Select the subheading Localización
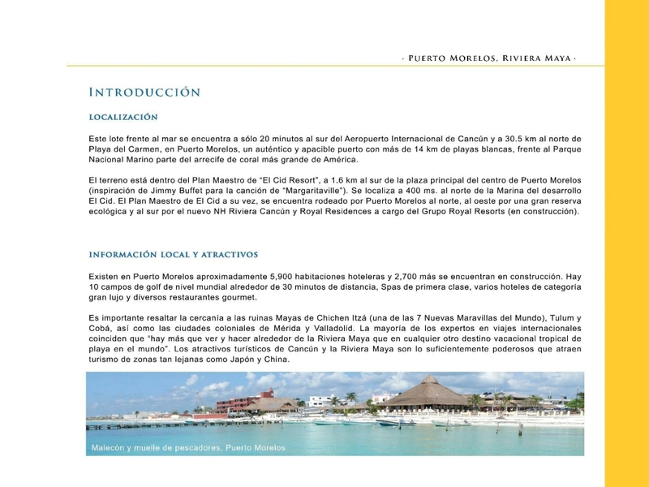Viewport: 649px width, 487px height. [123, 117]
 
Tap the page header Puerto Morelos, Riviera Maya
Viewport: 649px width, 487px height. [491, 58]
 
